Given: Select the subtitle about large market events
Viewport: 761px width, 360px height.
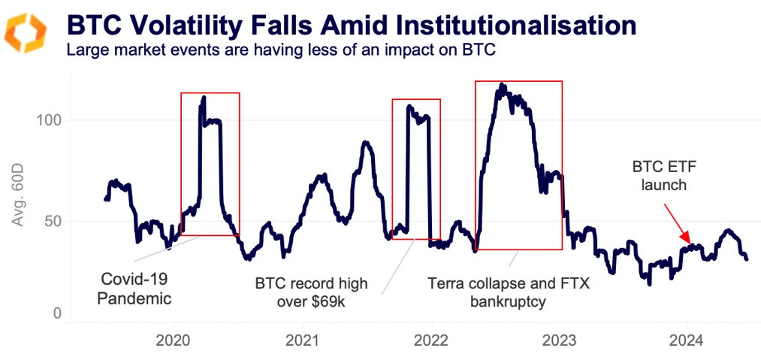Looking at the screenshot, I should [x=281, y=51].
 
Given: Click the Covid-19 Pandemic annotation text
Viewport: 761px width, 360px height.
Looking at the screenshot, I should [x=136, y=289].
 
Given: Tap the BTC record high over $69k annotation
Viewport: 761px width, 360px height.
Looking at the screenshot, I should [x=311, y=292].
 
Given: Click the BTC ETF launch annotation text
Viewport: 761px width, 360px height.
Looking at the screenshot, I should [x=658, y=176].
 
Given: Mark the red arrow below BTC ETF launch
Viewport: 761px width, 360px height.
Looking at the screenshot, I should [x=680, y=222].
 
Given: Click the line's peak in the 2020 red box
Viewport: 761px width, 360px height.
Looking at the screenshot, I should [x=204, y=98].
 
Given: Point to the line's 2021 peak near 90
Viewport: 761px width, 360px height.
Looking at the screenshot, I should [x=365, y=142].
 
